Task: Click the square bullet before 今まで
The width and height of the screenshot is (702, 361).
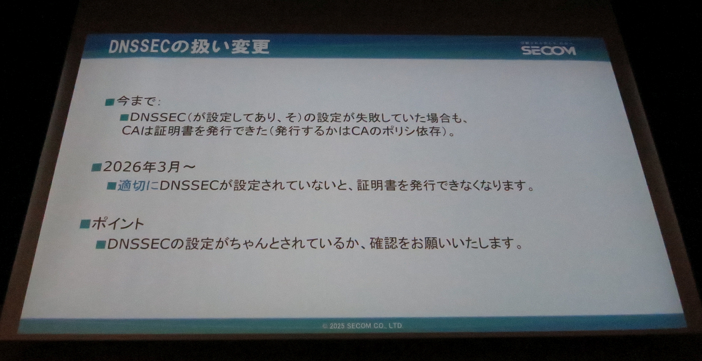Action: tap(110, 102)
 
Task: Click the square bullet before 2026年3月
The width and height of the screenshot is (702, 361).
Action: tap(96, 168)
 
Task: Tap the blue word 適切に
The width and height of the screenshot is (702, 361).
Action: tap(137, 186)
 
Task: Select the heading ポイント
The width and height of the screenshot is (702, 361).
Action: tap(118, 223)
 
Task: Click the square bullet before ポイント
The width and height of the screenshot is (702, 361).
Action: tap(85, 224)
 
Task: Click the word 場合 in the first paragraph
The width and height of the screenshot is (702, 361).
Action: tap(438, 118)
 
